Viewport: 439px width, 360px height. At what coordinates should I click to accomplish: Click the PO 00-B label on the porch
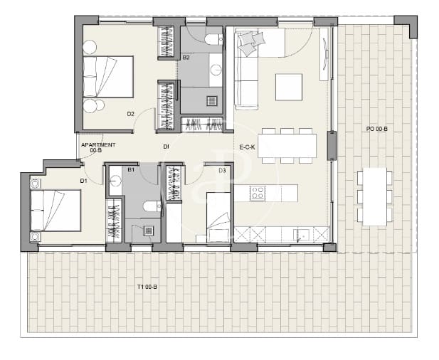tap(376, 129)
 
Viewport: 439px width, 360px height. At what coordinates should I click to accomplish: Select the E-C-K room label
tap(247, 148)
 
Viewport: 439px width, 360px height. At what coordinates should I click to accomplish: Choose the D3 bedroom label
tap(222, 171)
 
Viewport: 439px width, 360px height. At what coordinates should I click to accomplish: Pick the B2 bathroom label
tap(186, 58)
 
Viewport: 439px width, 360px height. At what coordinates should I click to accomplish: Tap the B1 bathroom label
tap(131, 171)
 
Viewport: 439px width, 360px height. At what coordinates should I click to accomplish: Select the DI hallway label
tap(166, 147)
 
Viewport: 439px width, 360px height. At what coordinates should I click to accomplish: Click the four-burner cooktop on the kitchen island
tap(257, 192)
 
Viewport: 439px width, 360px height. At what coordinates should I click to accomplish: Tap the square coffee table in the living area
tap(288, 88)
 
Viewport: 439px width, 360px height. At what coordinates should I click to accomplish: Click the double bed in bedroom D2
tap(107, 76)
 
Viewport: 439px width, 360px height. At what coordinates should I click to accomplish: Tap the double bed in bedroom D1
tap(55, 210)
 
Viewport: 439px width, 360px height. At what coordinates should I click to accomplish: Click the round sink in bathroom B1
tap(115, 181)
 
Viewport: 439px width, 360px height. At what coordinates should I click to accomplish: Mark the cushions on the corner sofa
tap(248, 44)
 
